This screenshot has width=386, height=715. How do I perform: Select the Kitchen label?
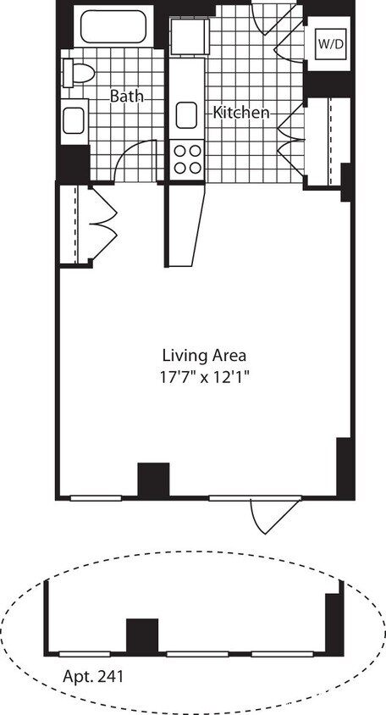pos(241,112)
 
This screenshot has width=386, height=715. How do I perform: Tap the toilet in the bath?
pos(78,74)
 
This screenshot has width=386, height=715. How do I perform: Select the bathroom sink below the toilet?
pos(74,119)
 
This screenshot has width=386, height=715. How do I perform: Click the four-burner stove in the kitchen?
pos(187,158)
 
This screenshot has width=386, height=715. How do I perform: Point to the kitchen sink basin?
pos(186,114)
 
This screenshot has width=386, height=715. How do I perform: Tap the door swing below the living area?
pos(273,516)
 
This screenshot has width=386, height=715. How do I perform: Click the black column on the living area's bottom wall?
pos(153,479)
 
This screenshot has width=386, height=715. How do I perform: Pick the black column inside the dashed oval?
pos(142,635)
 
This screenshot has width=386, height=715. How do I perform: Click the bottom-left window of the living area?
pos(95,498)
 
